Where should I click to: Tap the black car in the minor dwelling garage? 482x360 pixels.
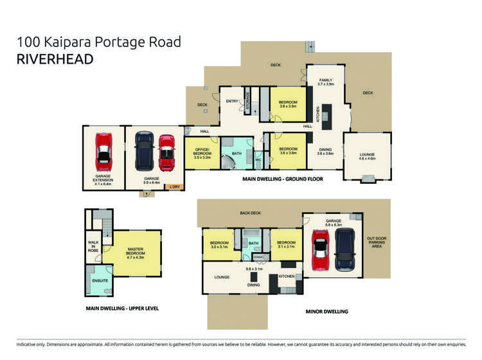[344, 249]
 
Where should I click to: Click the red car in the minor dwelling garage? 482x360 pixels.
[320, 252]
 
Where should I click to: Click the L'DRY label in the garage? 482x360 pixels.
[174, 187]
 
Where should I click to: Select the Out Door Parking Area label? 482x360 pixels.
[375, 242]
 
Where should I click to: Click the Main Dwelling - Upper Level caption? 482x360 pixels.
[122, 308]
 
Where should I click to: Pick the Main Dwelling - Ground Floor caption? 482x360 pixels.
[282, 179]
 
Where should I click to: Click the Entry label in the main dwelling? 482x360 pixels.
[232, 101]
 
